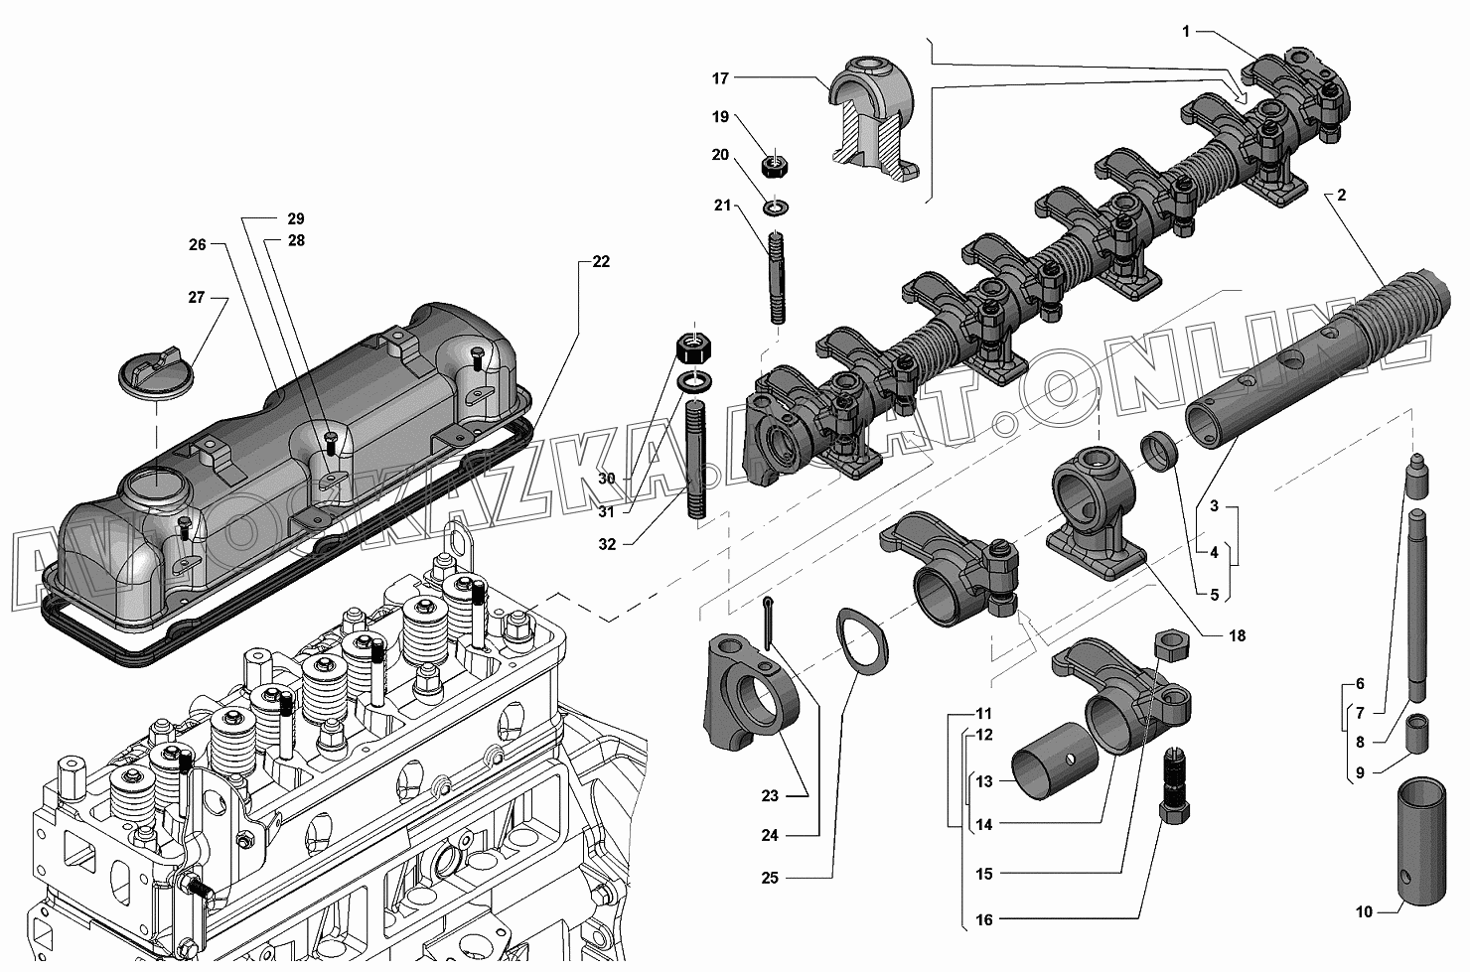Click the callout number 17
click(720, 78)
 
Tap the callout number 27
click(197, 298)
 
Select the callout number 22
click(601, 262)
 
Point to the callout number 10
click(1364, 911)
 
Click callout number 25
click(770, 878)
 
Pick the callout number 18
click(1237, 635)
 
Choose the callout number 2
click(1341, 195)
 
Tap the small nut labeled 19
click(775, 165)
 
